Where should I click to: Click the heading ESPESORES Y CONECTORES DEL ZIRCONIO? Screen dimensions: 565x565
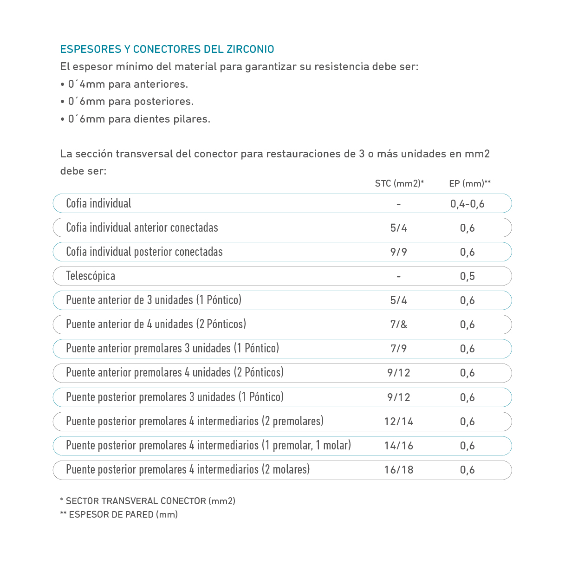(x=167, y=49)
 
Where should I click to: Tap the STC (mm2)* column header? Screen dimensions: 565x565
(x=399, y=183)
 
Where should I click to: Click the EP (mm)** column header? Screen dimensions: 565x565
(x=469, y=183)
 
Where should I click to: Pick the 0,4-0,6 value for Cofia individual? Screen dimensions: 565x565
(x=467, y=204)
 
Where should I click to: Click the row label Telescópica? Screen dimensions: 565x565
(x=91, y=276)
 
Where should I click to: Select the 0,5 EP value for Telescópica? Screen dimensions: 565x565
(x=467, y=276)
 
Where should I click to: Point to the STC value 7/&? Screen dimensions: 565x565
(x=398, y=325)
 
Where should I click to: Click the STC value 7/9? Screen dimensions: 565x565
(x=398, y=349)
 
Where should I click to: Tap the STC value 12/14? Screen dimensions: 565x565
(x=398, y=422)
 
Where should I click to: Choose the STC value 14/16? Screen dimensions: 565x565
(x=398, y=446)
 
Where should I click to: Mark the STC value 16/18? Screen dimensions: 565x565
(x=398, y=470)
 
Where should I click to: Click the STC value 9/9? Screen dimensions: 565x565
(x=398, y=252)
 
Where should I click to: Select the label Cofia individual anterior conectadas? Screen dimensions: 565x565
(x=142, y=227)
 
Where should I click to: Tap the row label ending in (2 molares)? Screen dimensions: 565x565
(x=188, y=469)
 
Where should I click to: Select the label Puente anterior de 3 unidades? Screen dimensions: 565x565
(x=154, y=300)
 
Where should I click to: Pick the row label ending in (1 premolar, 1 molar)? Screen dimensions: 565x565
(x=208, y=445)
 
